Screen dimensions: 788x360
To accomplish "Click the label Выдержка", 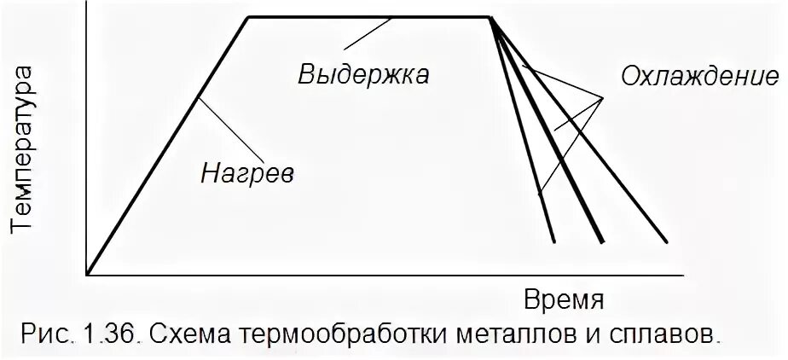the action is (363, 74).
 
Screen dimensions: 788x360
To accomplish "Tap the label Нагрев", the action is (247, 173).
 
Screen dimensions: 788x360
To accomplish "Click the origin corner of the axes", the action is (87, 275).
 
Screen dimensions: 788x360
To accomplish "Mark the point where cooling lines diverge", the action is (493, 18).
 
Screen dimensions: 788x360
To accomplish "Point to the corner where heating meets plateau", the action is (247, 16).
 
